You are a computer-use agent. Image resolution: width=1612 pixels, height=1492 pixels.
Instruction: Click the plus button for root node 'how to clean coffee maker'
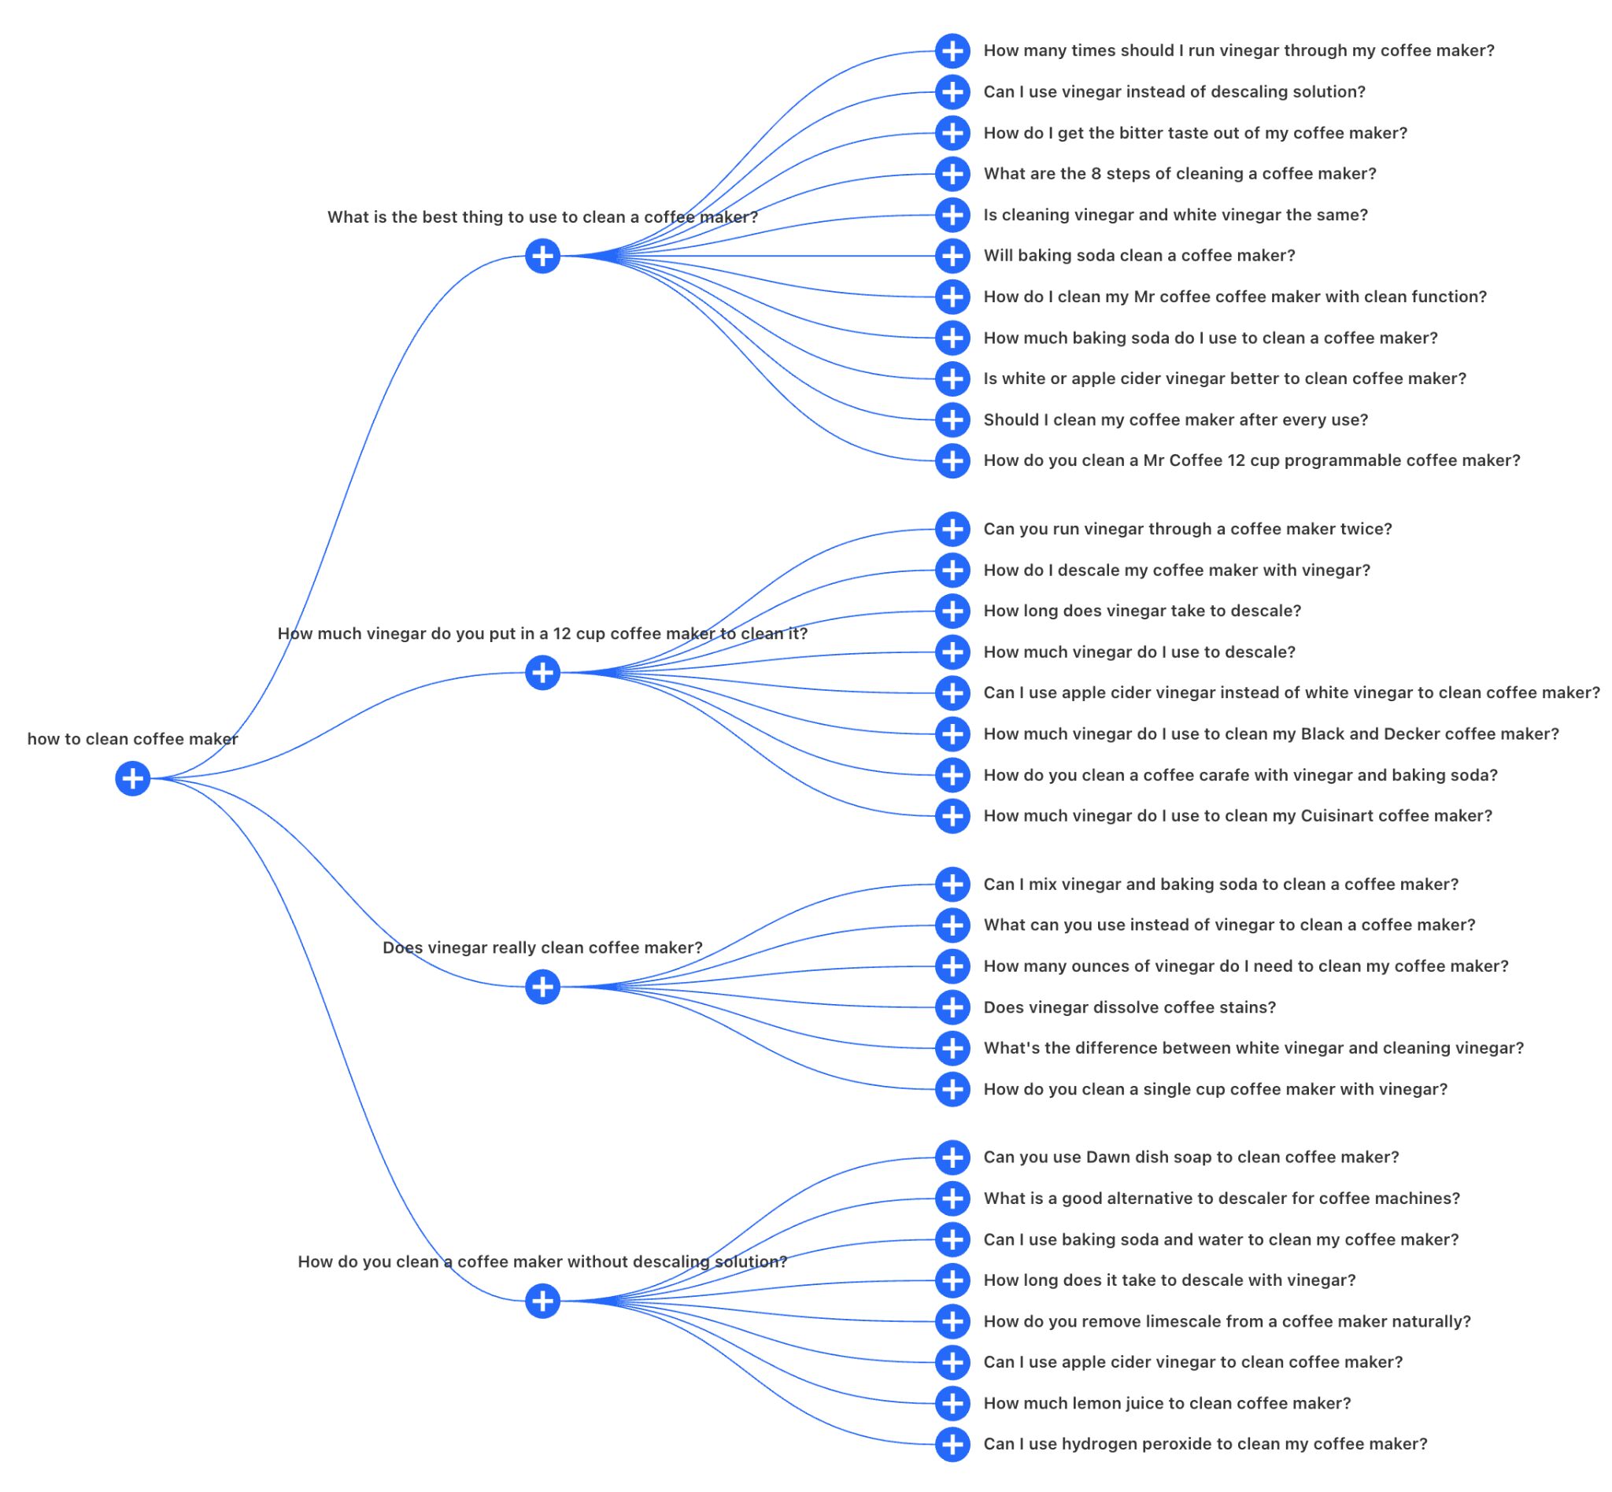(132, 778)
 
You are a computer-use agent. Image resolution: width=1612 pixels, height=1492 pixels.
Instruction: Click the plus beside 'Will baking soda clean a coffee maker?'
(952, 256)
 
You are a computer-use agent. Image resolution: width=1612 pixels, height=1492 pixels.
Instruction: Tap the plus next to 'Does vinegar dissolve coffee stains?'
(952, 1006)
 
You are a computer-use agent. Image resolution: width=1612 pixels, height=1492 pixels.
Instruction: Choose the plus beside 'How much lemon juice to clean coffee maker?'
(952, 1403)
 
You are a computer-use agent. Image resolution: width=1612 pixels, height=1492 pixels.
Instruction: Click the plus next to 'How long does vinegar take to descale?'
(952, 611)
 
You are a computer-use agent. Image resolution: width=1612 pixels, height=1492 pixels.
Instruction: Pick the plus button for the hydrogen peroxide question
(952, 1444)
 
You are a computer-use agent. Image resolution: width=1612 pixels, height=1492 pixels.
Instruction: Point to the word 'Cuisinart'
(1337, 815)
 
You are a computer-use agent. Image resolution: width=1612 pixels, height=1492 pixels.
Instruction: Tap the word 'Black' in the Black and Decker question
(1322, 734)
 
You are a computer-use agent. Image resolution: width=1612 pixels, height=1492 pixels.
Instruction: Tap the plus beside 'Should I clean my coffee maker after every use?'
(952, 420)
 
